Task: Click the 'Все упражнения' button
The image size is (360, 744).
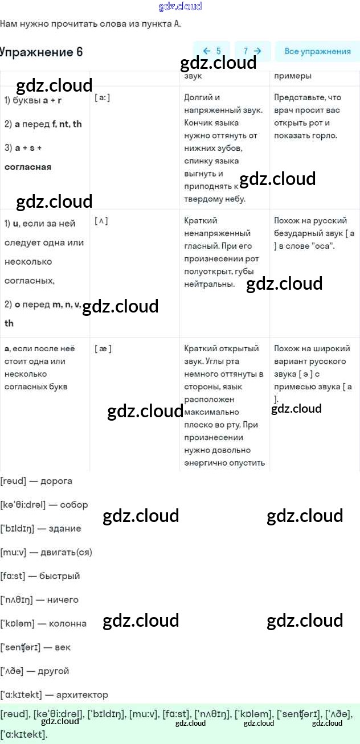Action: [x=317, y=51]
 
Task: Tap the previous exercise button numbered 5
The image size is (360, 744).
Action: [x=211, y=51]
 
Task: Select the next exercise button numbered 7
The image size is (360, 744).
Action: [x=252, y=51]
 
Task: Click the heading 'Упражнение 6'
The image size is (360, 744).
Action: [x=41, y=52]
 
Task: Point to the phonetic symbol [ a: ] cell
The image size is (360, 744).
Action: [x=103, y=98]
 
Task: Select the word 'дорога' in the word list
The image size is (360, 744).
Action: [x=56, y=481]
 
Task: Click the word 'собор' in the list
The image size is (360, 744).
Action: [x=73, y=505]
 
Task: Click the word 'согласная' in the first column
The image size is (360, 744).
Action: [x=28, y=167]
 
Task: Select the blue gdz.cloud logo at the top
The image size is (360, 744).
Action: [x=180, y=6]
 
